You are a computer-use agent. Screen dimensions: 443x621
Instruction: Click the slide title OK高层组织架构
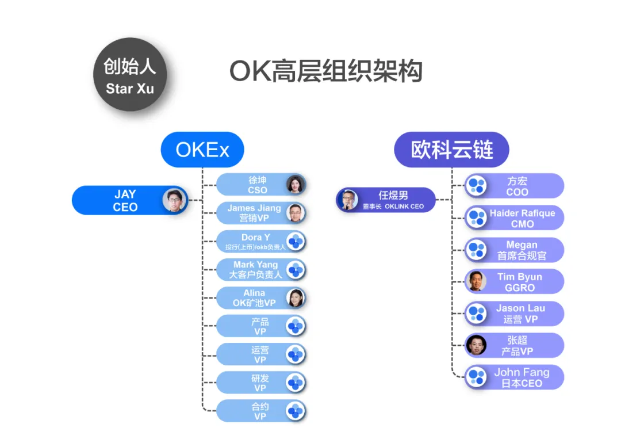pos(326,72)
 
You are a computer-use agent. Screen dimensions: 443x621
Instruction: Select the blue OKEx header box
pos(202,150)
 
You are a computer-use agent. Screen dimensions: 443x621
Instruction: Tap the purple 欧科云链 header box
pos(451,150)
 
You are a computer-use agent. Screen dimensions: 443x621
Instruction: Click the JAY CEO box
pos(129,200)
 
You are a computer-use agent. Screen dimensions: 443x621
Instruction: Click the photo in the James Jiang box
pos(296,213)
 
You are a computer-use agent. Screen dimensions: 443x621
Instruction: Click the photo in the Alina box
pos(296,297)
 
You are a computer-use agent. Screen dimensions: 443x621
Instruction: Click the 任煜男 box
pos(385,200)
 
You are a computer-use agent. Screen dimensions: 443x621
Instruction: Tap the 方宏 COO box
pos(514,186)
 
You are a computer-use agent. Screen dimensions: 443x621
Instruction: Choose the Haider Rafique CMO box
pos(514,218)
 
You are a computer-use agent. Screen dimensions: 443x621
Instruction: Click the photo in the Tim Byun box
pos(476,281)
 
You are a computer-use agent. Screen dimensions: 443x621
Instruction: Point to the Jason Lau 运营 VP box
pos(514,314)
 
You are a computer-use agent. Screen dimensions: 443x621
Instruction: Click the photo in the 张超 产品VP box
pos(476,345)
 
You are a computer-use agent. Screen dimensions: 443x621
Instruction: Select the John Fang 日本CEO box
pos(514,377)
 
